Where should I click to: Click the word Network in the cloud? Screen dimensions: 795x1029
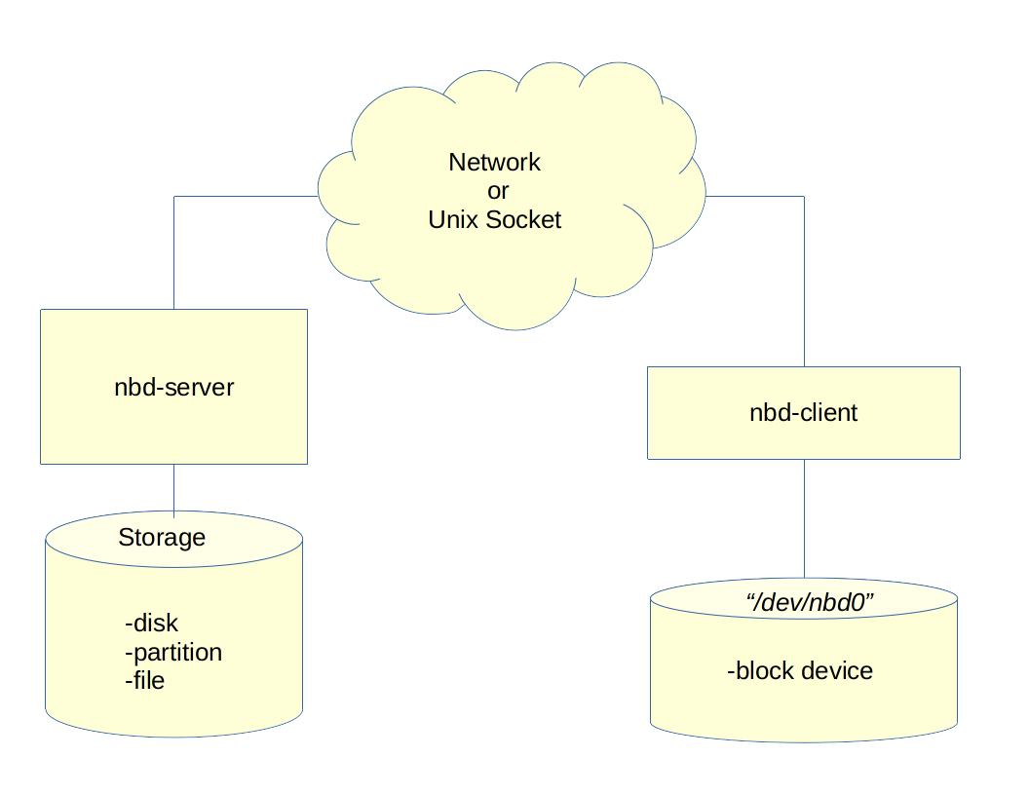[494, 162]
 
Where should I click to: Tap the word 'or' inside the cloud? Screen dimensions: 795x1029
[498, 191]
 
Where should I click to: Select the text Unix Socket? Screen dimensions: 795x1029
[494, 220]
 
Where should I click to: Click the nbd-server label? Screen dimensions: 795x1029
[174, 387]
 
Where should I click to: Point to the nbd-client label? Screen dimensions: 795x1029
[803, 412]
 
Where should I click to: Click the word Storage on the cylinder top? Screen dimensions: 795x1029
[162, 537]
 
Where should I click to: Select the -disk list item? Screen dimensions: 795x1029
[152, 623]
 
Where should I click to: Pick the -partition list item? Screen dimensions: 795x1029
[173, 652]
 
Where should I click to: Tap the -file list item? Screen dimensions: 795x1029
[145, 680]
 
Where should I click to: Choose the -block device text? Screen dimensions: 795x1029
[800, 670]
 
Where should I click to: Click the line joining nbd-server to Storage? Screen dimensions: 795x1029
[174, 488]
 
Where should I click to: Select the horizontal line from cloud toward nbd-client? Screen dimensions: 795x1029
[755, 197]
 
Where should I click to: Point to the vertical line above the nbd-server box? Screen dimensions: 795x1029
[174, 253]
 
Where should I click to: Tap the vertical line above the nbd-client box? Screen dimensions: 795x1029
[804, 283]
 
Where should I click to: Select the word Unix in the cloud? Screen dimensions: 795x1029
[454, 220]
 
